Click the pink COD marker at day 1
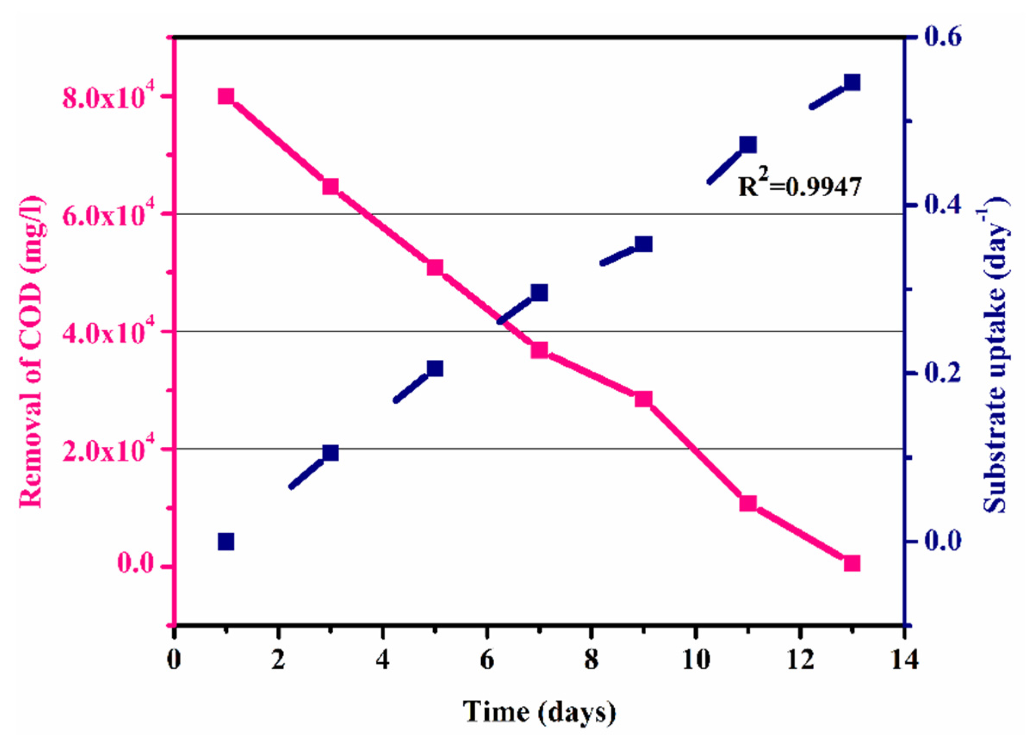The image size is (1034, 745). coord(226,97)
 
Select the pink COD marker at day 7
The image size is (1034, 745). coord(539,350)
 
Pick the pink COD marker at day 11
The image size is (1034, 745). coord(748,504)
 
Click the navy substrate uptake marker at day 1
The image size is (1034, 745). coord(226,542)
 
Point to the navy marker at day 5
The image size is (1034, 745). coord(435,368)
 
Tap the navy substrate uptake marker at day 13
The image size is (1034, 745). coord(851,83)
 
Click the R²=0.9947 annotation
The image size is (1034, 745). coord(800,186)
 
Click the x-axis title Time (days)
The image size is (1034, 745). coord(539,711)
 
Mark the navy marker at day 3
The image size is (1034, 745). coord(331,453)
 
